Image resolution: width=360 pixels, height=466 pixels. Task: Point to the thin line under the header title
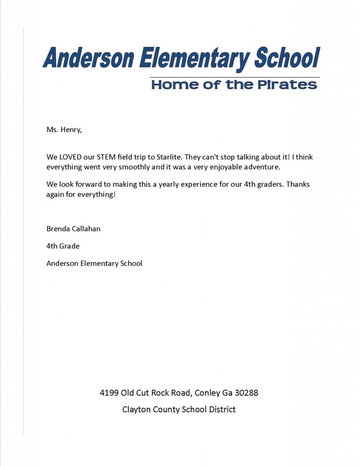pos(234,77)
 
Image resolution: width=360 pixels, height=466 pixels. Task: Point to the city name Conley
pos(207,392)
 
